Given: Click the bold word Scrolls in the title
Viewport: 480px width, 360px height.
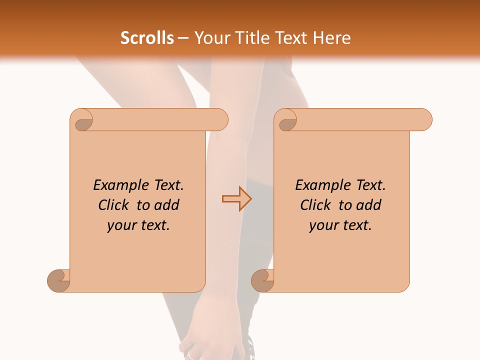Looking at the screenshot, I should [x=147, y=38].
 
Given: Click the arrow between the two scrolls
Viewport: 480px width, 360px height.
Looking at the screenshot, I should [x=236, y=198].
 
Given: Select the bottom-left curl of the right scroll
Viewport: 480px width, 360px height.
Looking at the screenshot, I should [x=263, y=280].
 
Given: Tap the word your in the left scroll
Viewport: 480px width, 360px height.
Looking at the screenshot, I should [x=120, y=225].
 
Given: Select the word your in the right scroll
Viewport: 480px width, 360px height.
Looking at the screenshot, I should [x=322, y=225].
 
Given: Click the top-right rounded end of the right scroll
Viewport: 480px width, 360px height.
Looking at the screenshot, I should [x=422, y=120].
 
